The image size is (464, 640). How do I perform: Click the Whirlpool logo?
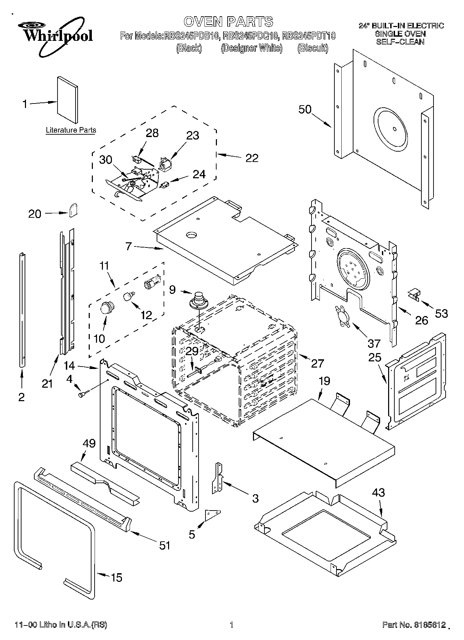pos(55,36)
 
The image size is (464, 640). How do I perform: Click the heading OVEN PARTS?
pos(228,21)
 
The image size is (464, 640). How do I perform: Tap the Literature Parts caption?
pos(71,130)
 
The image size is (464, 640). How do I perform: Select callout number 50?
pos(305,109)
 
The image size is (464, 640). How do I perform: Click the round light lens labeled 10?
pos(107,307)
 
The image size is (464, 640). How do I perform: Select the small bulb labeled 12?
pos(129,296)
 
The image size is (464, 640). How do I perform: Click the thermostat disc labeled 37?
pos(341,314)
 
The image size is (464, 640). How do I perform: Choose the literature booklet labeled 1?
pos(68,100)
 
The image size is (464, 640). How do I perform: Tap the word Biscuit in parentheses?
pos(313,48)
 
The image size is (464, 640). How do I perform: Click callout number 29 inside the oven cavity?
pos(192,351)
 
